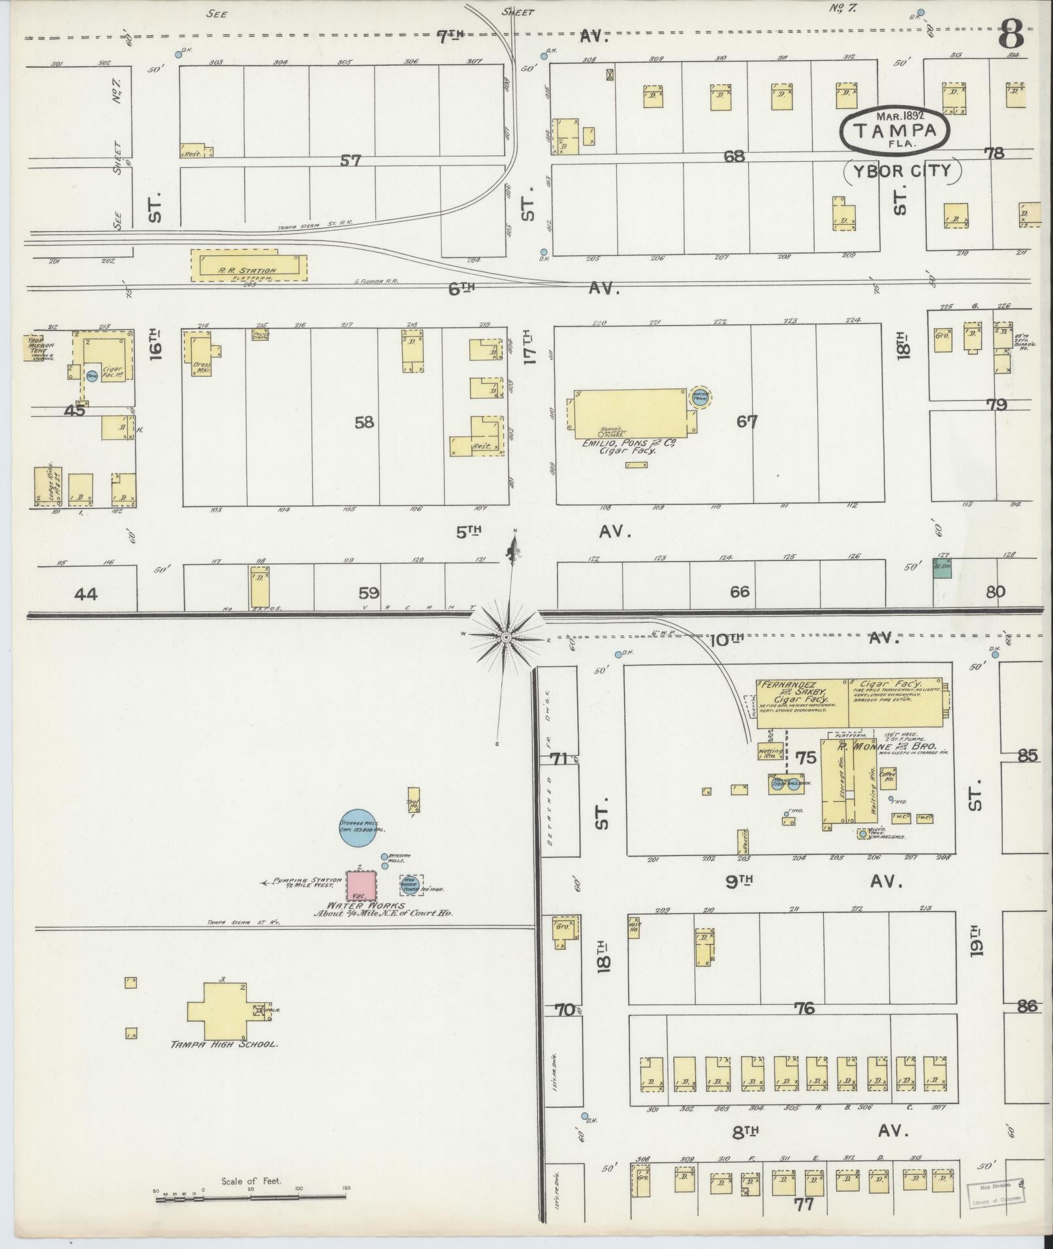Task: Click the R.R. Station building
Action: (x=248, y=264)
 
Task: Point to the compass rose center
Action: (x=505, y=637)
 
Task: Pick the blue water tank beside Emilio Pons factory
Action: (x=700, y=398)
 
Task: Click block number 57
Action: (x=351, y=159)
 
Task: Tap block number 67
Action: (x=747, y=422)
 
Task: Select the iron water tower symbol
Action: (x=411, y=885)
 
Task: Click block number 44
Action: (x=86, y=594)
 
